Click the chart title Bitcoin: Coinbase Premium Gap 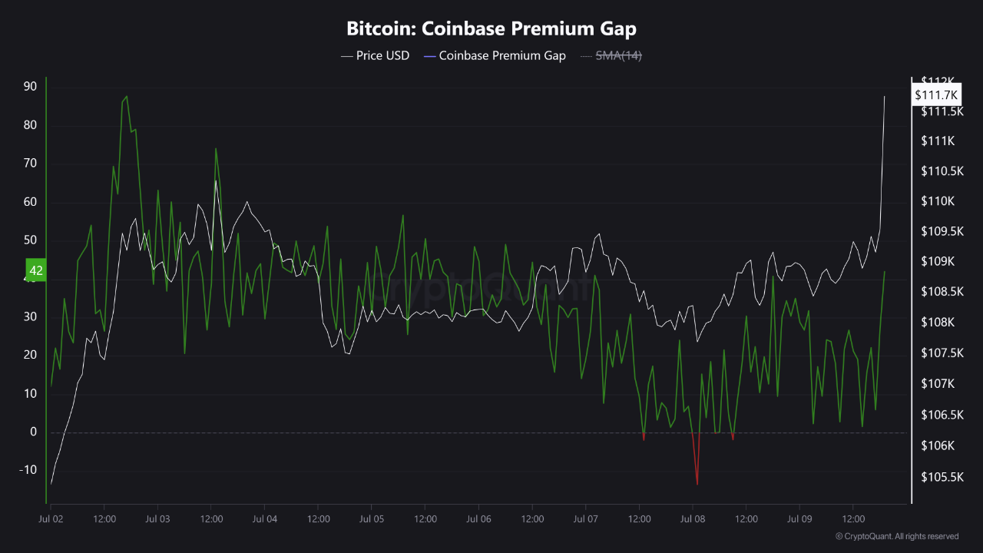click(491, 29)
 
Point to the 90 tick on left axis click(30, 87)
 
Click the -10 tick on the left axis click(28, 470)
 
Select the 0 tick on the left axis click(33, 432)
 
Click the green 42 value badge click(36, 270)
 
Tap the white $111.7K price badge click(936, 94)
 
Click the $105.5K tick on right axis click(942, 477)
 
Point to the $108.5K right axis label click(942, 292)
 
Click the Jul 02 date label click(51, 519)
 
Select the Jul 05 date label click(371, 519)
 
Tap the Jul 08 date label click(692, 519)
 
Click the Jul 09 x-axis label click(799, 519)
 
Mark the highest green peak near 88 click(127, 97)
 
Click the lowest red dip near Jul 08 click(697, 484)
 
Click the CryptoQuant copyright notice click(896, 536)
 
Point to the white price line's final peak click(885, 97)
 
